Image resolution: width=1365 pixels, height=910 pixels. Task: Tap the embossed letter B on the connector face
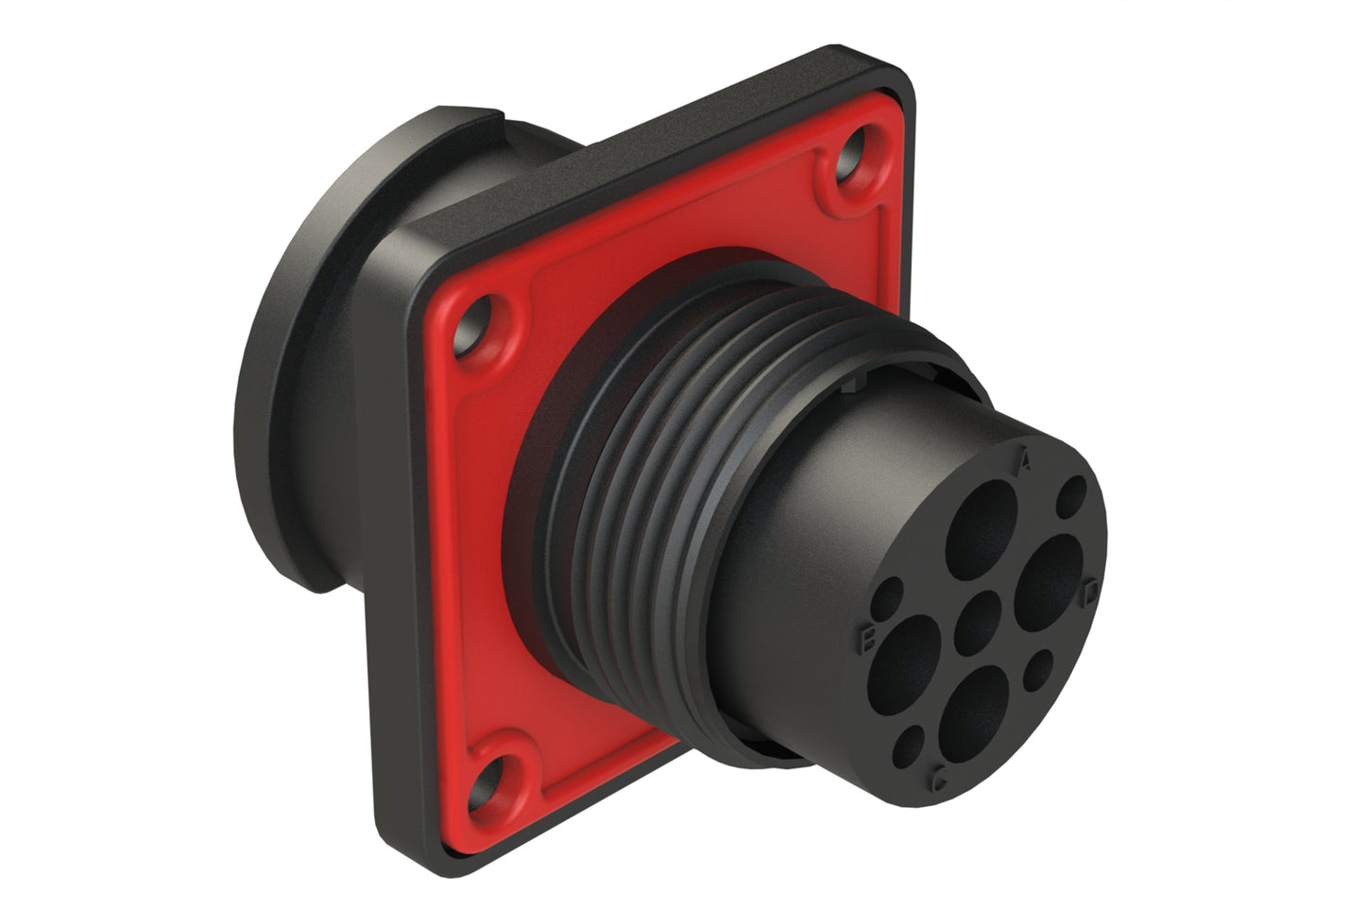click(x=867, y=638)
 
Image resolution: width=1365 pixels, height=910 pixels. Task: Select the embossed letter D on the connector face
click(x=1091, y=591)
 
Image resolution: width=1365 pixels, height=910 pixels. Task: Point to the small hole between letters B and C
click(x=912, y=745)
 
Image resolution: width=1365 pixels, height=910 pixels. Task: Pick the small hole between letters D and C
click(x=1039, y=668)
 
